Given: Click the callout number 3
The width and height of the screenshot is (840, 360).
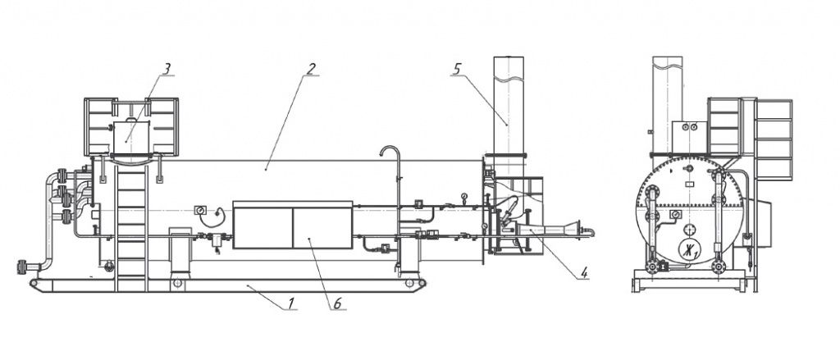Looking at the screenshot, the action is point(167,69).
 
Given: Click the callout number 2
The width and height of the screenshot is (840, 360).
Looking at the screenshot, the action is point(312,69).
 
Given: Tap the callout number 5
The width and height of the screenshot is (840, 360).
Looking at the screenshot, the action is point(457,69).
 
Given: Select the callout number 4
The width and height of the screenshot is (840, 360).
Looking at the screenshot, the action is point(584,273).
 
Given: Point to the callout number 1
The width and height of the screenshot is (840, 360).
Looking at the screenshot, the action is point(291,303).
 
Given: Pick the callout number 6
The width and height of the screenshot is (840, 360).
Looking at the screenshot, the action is point(337,303).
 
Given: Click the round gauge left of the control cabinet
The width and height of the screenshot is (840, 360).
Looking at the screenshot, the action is point(200,210).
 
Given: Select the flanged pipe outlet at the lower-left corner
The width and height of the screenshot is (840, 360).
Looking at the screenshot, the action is point(23,267).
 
